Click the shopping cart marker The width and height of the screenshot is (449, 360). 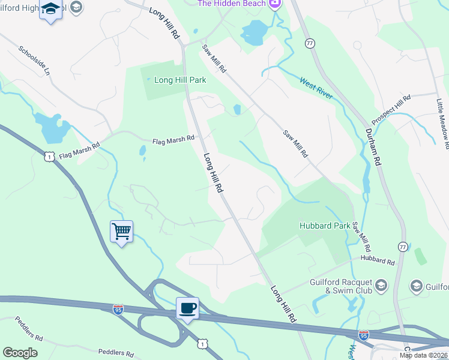(x=121, y=231)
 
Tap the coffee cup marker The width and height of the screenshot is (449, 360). (x=187, y=308)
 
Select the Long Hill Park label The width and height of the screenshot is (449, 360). (x=180, y=79)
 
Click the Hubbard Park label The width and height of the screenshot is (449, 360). (x=325, y=226)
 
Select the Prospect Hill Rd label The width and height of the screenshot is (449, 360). (x=391, y=106)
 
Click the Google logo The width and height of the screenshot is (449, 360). (x=20, y=353)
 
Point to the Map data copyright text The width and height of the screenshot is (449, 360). (x=424, y=355)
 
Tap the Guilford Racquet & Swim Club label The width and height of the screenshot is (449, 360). (x=341, y=286)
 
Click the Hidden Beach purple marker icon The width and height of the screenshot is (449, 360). (x=274, y=4)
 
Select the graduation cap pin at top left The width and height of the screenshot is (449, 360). (x=50, y=10)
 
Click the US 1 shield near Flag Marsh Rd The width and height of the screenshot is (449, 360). (x=50, y=156)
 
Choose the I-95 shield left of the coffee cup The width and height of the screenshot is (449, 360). (x=118, y=309)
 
